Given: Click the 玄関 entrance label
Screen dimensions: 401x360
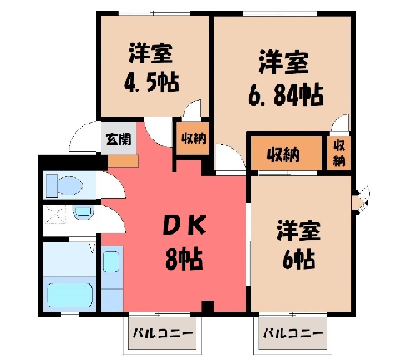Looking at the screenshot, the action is coord(119,139).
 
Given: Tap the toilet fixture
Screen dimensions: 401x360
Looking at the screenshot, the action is coord(64,185).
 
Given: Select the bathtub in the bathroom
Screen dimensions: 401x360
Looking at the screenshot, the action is coord(69,295).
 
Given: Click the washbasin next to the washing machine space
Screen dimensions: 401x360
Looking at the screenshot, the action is coord(83,212).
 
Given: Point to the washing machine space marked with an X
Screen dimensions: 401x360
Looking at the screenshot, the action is coord(55,214).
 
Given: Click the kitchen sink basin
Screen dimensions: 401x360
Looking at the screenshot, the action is coord(111,261).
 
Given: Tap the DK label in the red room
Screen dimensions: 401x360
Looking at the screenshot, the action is coord(184,224).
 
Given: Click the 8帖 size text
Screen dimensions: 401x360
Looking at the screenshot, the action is coord(184,259).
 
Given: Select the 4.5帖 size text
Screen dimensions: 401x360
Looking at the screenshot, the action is coord(151,83).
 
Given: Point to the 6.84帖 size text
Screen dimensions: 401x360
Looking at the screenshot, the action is coord(286,95).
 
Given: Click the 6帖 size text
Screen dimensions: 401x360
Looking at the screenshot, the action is coord(299,259).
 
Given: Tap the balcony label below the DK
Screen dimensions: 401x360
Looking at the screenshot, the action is coord(163,333).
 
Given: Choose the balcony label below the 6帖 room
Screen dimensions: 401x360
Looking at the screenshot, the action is coord(293,333).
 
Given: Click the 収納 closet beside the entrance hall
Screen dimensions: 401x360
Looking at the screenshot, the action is coord(193,138).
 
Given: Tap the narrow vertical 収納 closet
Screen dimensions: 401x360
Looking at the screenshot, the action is coord(338,154).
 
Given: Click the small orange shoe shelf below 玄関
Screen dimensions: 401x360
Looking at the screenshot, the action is coord(123,161).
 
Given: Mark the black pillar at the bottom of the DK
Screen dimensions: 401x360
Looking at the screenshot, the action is coord(207,307).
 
